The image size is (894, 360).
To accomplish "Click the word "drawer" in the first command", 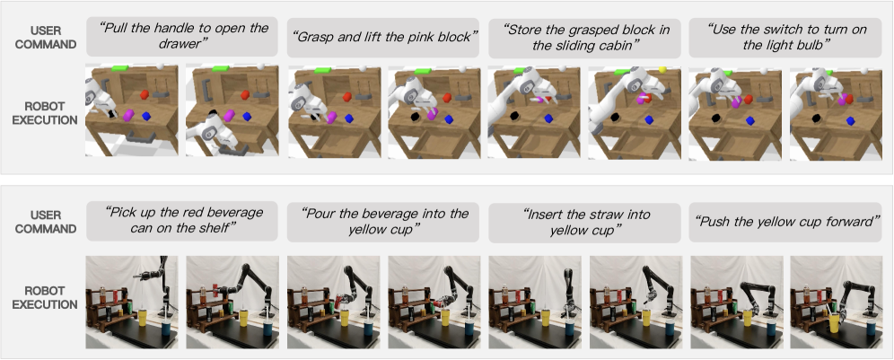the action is pyautogui.click(x=182, y=44).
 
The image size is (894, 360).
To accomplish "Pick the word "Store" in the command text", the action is pyautogui.click(x=526, y=29).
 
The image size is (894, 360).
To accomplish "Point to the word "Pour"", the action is pyautogui.click(x=321, y=214).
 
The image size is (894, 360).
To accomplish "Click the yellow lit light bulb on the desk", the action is pyautogui.click(x=662, y=69).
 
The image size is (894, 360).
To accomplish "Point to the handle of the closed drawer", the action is pyautogui.click(x=140, y=136).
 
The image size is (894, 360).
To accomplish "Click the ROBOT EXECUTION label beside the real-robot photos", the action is pyautogui.click(x=45, y=298).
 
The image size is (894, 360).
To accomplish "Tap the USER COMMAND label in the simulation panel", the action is pyautogui.click(x=46, y=37).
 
